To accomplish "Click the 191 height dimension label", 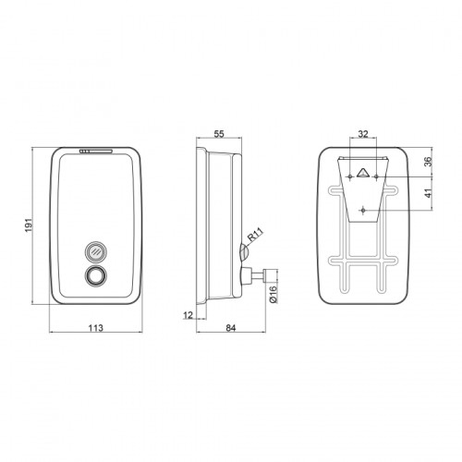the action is [28, 225].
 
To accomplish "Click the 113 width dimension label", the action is [96, 328].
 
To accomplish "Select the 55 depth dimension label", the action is [219, 134].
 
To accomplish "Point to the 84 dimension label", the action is [230, 328].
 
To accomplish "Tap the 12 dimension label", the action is [188, 315].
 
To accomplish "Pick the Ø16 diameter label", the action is [274, 295].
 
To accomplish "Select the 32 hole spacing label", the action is [363, 134].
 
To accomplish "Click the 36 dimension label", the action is [428, 162].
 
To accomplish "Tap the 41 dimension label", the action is [428, 193].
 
